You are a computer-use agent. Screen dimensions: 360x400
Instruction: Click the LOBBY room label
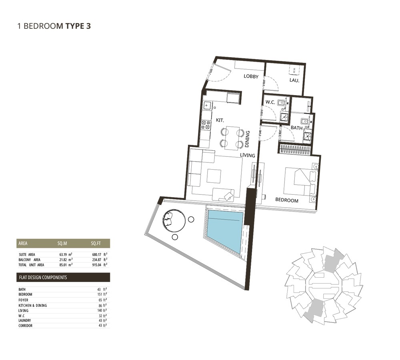[251, 76]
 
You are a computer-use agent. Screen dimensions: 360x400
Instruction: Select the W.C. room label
[270, 102]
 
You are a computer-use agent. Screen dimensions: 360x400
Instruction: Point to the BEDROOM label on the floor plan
[286, 200]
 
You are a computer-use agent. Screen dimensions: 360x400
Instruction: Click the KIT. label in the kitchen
[220, 120]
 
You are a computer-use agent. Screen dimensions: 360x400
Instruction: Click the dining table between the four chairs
[232, 138]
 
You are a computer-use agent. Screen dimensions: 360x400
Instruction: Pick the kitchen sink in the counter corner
[208, 106]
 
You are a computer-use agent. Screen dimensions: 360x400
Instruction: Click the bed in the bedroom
[298, 182]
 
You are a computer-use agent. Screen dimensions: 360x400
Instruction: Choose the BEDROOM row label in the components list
[25, 294]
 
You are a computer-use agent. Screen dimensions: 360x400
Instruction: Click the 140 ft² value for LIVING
[102, 310]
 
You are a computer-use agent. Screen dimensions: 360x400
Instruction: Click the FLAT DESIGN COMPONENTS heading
[43, 277]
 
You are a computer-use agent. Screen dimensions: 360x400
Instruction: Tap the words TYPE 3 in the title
[78, 26]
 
